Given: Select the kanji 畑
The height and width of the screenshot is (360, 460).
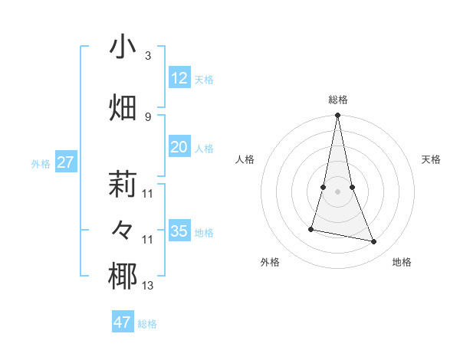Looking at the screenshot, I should coord(123,107).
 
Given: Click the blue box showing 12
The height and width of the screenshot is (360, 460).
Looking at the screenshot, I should coord(179,78).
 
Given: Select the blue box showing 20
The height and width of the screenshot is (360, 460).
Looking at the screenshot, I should coord(179,147).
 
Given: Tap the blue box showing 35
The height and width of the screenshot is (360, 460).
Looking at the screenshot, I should coord(179,231).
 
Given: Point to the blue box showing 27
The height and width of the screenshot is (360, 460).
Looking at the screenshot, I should coord(66,162).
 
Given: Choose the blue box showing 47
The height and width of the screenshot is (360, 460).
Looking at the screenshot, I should coord(123,322).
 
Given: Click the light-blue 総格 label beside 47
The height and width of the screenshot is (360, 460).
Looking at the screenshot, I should coord(147,324).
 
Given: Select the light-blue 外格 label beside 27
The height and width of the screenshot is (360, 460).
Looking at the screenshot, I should coord(41,164).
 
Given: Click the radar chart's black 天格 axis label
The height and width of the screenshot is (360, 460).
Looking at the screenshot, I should coord(432,159).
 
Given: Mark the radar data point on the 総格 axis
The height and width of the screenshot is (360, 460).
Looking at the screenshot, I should coord(337,116).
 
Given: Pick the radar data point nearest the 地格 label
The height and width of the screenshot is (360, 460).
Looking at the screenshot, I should coord(374,241).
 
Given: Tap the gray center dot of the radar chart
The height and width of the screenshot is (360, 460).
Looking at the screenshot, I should coord(337,191).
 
